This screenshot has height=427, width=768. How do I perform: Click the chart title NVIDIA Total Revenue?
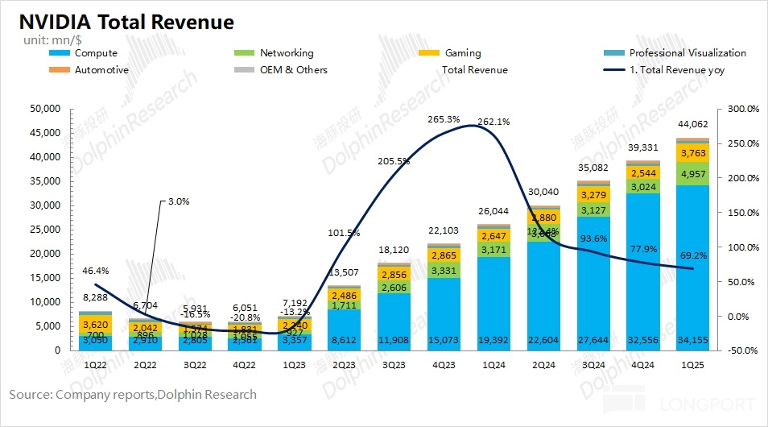coord(122,22)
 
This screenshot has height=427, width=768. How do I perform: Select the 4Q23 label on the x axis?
coord(444,364)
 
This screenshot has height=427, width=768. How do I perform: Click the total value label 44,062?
coord(692,123)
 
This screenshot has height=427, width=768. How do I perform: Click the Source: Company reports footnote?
coord(133,395)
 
